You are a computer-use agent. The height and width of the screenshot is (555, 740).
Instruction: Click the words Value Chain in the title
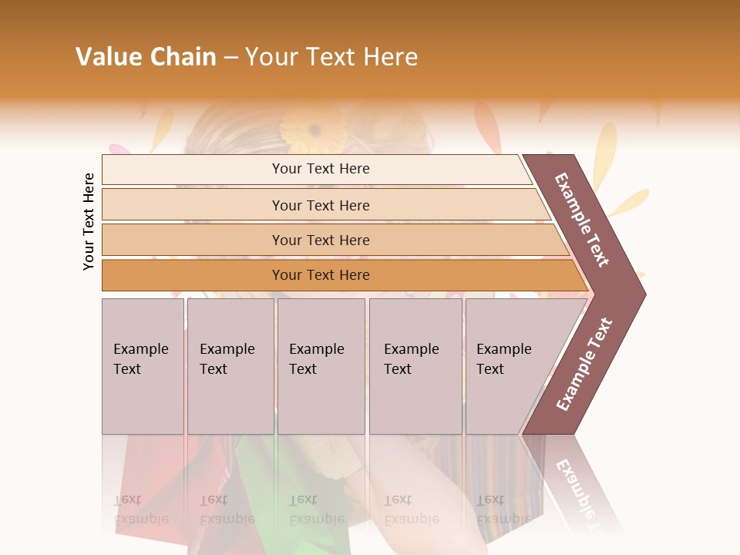pos(146,57)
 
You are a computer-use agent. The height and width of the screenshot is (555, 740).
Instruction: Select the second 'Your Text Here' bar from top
pos(321,205)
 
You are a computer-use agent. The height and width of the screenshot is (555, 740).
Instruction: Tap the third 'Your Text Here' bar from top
pos(321,240)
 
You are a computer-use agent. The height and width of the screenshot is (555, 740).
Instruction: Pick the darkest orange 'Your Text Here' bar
pos(321,275)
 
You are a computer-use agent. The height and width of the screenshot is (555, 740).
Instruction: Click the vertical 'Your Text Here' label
pos(89,222)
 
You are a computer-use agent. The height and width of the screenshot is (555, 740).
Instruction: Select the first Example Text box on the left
pos(143,365)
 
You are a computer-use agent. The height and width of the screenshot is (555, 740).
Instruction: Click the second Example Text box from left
pos(230,365)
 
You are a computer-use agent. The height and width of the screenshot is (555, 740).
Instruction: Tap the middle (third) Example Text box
pos(321,365)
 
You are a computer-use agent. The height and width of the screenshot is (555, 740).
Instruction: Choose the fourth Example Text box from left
pos(415,365)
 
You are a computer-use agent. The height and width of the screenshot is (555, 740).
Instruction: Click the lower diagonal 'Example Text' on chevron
pos(584,364)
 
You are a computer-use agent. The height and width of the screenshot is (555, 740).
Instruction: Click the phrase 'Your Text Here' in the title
pos(331,57)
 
